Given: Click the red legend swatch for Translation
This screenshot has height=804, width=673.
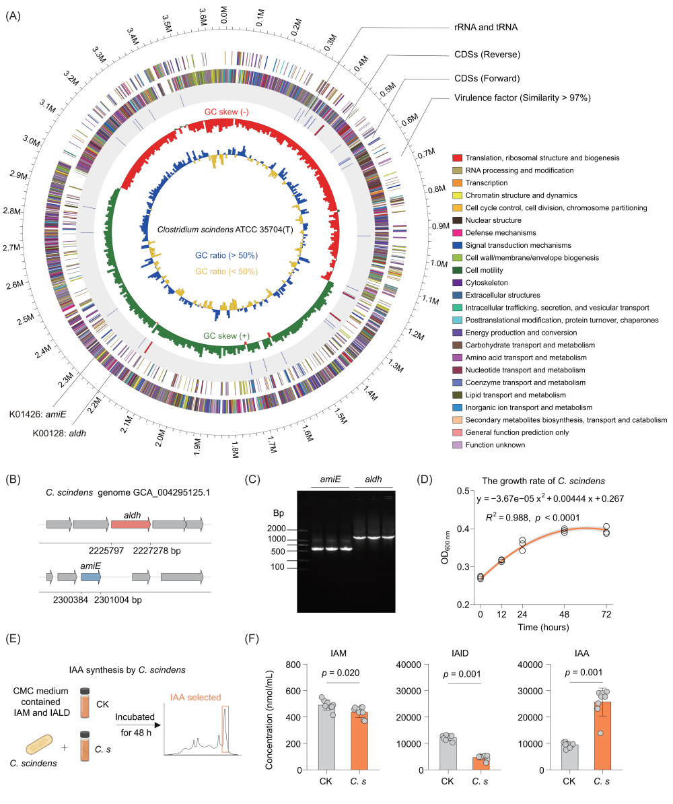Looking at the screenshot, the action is pos(457,158).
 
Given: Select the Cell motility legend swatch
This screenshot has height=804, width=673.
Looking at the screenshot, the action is pos(457,270).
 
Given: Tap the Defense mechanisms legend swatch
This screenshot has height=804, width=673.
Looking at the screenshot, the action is pos(457,233).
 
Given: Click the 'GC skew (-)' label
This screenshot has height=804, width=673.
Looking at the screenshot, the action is pos(227,112).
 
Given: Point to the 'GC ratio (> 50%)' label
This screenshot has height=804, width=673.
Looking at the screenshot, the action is pos(227,255).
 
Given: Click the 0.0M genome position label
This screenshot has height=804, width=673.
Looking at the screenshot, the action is pos(223,15).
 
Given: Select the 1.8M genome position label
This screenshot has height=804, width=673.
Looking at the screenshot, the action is pos(236,450).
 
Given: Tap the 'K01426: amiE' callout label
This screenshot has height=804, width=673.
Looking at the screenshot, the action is pos(38,414).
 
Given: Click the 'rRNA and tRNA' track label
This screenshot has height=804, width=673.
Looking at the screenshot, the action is pos(486,27).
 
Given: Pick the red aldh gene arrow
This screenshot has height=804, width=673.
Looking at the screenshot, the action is pos(131,525).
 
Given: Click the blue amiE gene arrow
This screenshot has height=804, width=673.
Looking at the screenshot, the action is pos(91,577).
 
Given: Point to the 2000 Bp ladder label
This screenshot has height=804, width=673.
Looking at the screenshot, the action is pos(277,529).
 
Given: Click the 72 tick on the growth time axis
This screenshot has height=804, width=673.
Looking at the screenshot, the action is pos(606,614).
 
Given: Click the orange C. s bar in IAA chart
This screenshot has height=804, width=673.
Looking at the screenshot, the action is pos(602,736).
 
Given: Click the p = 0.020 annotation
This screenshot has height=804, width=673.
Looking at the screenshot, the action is pos(341,673).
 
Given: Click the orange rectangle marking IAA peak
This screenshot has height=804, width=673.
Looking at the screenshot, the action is pos(225,729).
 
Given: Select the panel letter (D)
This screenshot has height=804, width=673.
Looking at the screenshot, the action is pos(425,479).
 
